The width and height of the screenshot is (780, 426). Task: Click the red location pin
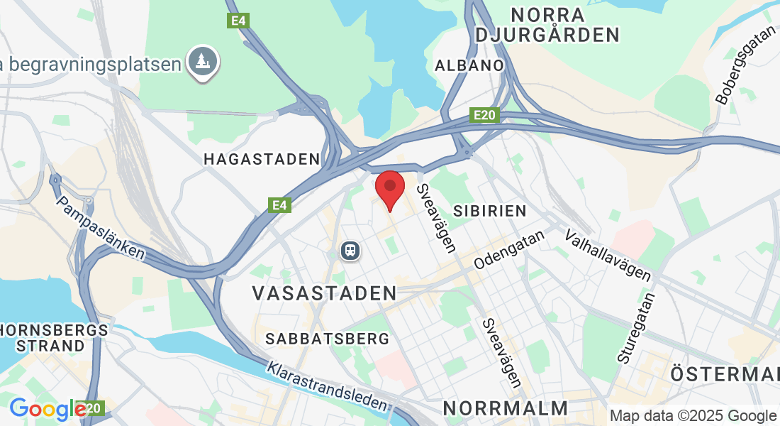click(389, 187)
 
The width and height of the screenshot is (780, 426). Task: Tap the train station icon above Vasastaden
click(349, 250)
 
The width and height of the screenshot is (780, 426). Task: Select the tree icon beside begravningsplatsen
click(204, 62)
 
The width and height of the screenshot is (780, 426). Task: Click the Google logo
click(47, 409)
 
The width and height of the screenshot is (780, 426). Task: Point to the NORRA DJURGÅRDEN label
click(548, 24)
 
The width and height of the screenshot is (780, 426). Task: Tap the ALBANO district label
click(469, 65)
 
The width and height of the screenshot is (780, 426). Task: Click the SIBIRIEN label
click(490, 211)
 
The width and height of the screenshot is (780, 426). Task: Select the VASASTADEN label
click(325, 293)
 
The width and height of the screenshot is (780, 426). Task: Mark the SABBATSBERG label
click(328, 339)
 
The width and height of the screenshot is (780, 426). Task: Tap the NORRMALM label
click(506, 408)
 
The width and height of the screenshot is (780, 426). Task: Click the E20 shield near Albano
click(486, 115)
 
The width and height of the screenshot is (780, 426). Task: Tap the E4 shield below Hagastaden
click(281, 205)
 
